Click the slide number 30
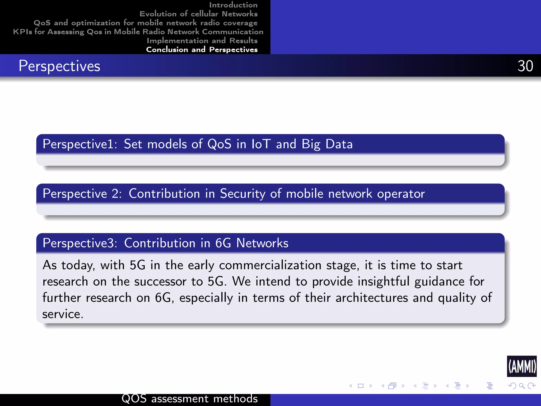(x=525, y=66)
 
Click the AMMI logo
(x=522, y=366)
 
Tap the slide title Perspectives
(x=59, y=66)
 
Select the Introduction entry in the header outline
(x=233, y=5)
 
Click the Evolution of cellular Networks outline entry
(x=198, y=14)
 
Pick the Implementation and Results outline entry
(x=202, y=41)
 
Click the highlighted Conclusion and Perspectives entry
(x=202, y=50)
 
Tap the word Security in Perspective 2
(x=242, y=194)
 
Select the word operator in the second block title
(x=401, y=194)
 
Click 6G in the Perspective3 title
(x=223, y=243)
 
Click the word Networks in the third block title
(x=262, y=243)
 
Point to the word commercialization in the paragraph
(x=270, y=265)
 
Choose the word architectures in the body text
(x=372, y=298)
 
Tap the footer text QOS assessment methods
(x=189, y=399)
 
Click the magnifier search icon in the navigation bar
(x=522, y=386)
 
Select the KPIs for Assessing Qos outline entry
(x=138, y=32)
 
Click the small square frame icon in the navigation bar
(x=361, y=386)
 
